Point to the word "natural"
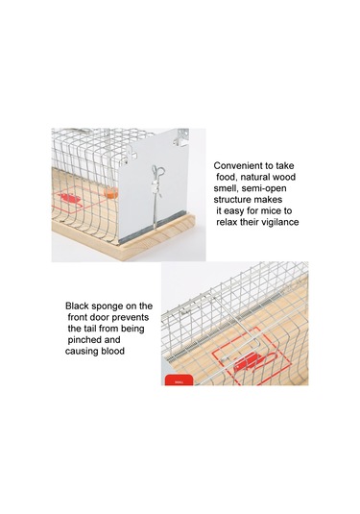[255, 177]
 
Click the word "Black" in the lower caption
[77, 306]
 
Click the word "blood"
[113, 351]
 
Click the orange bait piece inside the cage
[111, 192]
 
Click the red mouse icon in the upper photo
[70, 198]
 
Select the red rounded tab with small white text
[179, 379]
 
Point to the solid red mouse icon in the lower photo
[247, 362]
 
